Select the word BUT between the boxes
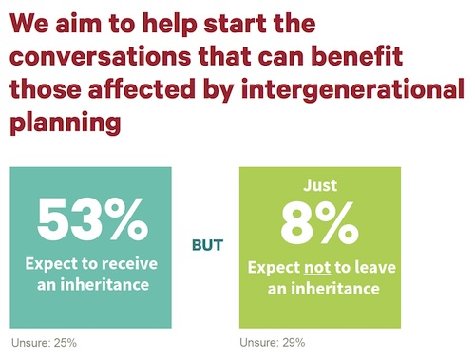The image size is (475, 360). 207,245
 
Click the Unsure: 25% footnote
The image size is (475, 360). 44,342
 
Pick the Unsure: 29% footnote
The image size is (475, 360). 274,342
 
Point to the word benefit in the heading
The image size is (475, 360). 360,56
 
